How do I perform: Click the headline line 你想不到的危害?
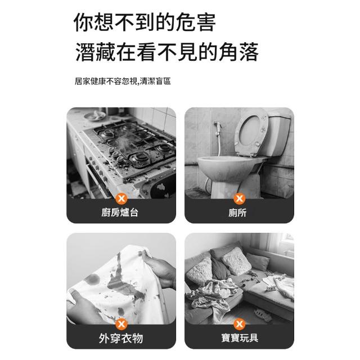click(145, 22)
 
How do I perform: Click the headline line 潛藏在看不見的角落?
click(167, 52)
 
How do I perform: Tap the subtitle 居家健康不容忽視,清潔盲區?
click(123, 81)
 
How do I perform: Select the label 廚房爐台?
click(120, 213)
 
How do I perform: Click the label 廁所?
click(237, 213)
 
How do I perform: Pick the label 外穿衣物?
click(121, 338)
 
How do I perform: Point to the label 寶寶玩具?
click(240, 338)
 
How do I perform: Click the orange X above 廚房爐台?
click(121, 199)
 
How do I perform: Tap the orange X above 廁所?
click(239, 199)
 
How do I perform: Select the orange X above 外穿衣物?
click(121, 324)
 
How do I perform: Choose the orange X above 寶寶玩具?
click(239, 324)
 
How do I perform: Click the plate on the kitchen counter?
click(94, 116)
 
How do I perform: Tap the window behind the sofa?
click(286, 244)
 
